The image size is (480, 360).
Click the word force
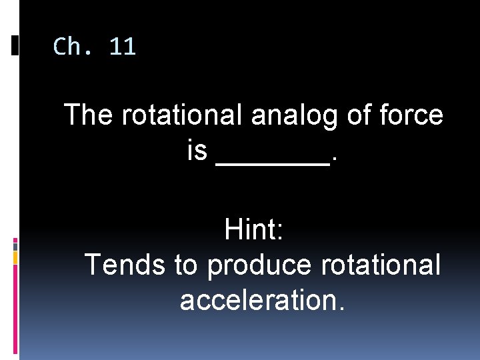coord(413,115)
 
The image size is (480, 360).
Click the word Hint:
coord(255,230)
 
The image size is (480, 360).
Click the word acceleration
coord(263,300)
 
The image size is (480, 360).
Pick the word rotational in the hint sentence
coord(381,265)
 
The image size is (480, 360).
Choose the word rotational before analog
coord(183,115)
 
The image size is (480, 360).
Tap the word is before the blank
coord(197,151)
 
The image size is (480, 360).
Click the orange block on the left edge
coord(15,257)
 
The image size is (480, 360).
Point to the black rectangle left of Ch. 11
coord(15,45)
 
